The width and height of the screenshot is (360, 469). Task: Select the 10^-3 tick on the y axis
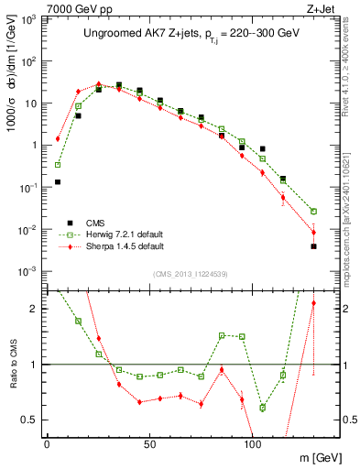pos(27,271)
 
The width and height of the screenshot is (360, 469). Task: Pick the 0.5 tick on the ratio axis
pos(31,420)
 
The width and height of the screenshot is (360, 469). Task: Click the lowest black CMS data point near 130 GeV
pos(313,245)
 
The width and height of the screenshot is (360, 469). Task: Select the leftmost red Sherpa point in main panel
pos(58,139)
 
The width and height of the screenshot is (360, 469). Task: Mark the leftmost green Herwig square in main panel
pos(58,165)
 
